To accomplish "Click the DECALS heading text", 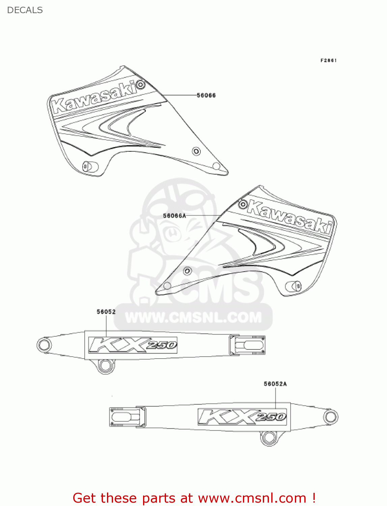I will tap(25, 10).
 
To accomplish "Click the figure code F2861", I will tap(328, 60).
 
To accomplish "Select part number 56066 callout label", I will tap(206, 95).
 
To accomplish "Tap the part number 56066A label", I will tap(174, 216).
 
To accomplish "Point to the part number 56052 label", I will tap(106, 312).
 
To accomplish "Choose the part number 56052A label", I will tap(275, 384).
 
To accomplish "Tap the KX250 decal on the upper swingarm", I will tap(133, 345).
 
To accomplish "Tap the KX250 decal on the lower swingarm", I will tap(242, 417).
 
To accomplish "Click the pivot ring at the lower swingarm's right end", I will tap(330, 417).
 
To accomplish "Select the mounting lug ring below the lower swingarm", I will tap(269, 438).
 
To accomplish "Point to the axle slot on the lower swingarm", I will tap(124, 417).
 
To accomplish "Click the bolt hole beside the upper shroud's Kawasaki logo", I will tap(141, 84).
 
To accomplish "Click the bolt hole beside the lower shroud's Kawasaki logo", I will tap(243, 204).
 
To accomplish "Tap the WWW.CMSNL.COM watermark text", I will tap(193, 317).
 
